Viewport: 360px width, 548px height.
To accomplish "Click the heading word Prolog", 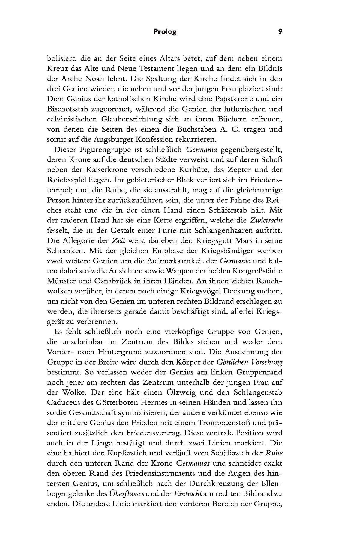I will pos(164,31).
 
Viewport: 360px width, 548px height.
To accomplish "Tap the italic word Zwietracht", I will pos(266,220).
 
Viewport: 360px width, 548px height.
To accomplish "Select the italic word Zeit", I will pos(118,241).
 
